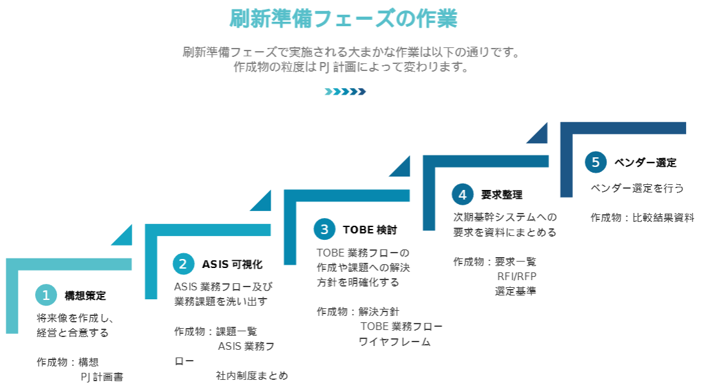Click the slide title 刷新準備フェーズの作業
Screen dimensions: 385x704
pyautogui.click(x=344, y=19)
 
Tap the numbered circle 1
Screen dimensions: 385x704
pyautogui.click(x=46, y=295)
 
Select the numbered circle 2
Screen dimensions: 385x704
pyautogui.click(x=184, y=263)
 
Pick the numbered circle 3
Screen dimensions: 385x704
pyautogui.click(x=324, y=229)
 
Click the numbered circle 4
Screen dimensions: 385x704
pyautogui.click(x=462, y=194)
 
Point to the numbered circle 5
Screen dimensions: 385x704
pyautogui.click(x=595, y=162)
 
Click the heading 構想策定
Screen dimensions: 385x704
pyautogui.click(x=85, y=296)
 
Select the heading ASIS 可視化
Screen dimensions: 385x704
pyautogui.click(x=232, y=264)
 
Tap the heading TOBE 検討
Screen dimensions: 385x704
pyautogui.click(x=370, y=230)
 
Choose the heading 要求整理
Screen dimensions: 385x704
pyautogui.click(x=502, y=195)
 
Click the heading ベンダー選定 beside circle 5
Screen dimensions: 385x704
pyautogui.click(x=645, y=162)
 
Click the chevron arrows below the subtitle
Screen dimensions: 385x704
pyautogui.click(x=345, y=91)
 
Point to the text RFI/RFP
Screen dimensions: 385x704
pyautogui.click(x=517, y=276)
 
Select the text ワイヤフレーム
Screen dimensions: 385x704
pyautogui.click(x=395, y=342)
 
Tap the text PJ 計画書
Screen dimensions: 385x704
pyautogui.click(x=102, y=377)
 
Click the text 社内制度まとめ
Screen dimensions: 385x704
pyautogui.click(x=252, y=375)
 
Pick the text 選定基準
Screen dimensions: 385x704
pyautogui.click(x=515, y=291)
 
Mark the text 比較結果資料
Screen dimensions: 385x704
pyautogui.click(x=663, y=217)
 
